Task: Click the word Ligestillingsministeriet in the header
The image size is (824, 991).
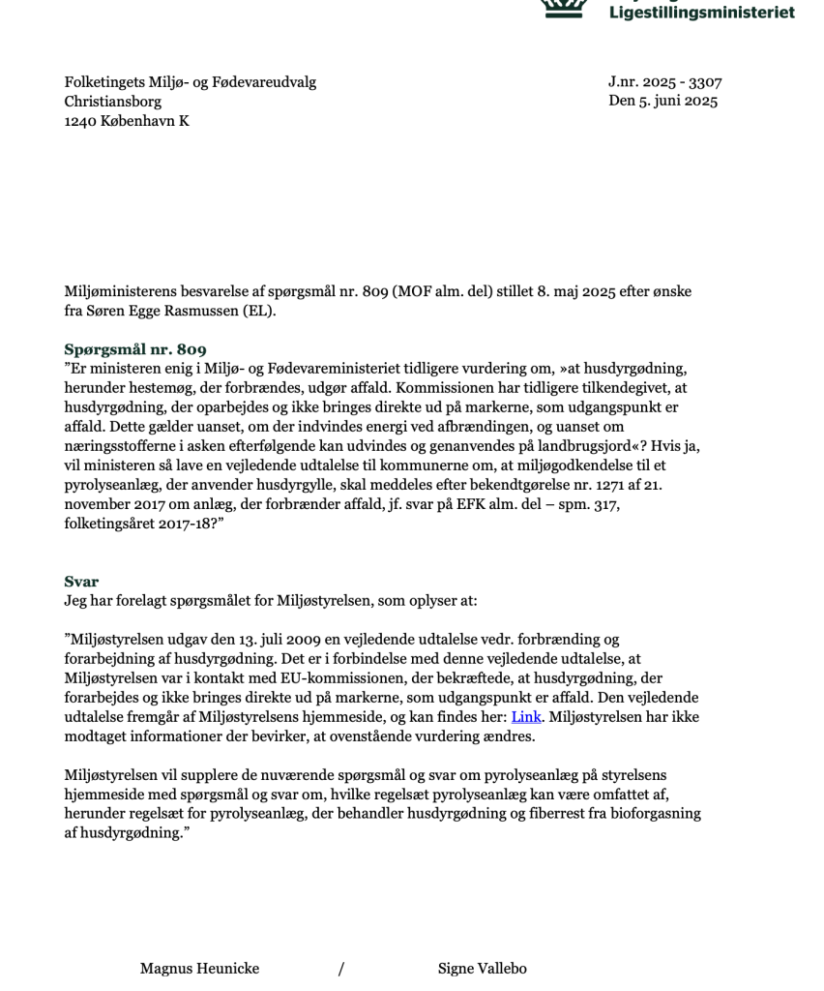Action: pyautogui.click(x=701, y=13)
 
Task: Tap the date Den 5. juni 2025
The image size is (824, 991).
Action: pyautogui.click(x=662, y=101)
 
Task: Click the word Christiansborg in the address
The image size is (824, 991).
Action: pyautogui.click(x=113, y=101)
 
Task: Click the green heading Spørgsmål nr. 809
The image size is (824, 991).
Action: pyautogui.click(x=135, y=349)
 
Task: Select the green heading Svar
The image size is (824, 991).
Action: pyautogui.click(x=81, y=582)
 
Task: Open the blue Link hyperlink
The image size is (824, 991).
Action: pyautogui.click(x=526, y=717)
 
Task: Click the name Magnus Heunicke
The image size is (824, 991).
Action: pyautogui.click(x=199, y=969)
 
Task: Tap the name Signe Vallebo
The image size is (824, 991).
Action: pyautogui.click(x=482, y=969)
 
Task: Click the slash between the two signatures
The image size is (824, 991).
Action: pyautogui.click(x=340, y=969)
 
